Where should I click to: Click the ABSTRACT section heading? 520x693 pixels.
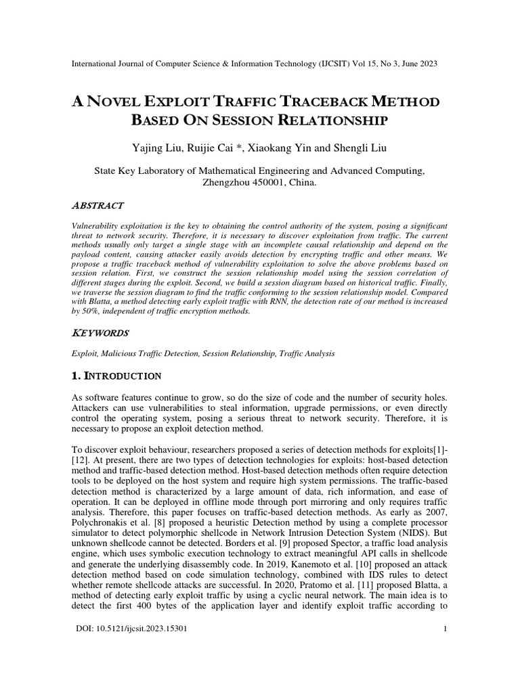click(x=97, y=205)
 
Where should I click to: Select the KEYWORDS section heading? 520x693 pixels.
click(x=99, y=334)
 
